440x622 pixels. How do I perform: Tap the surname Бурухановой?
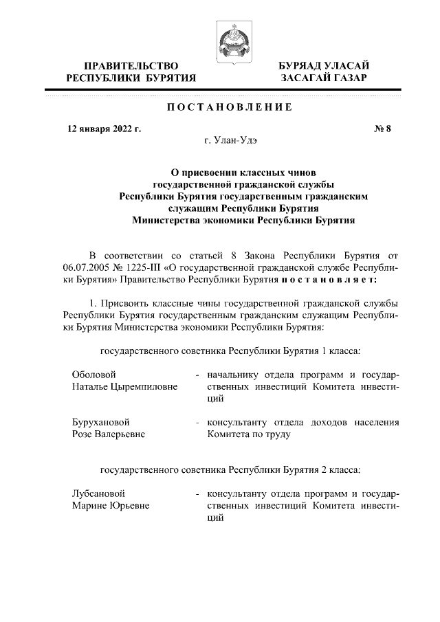101,421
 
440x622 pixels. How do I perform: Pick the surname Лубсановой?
98,493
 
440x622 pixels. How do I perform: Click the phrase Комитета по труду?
248,434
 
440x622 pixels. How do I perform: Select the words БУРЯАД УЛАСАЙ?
324,65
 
